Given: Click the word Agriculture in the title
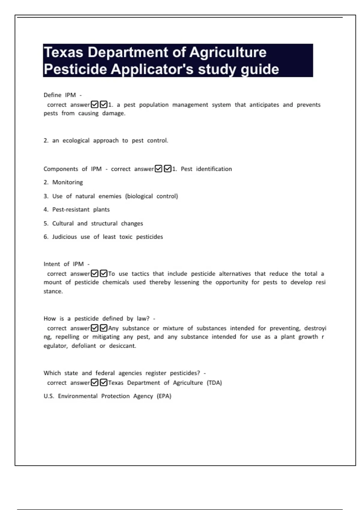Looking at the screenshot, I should point(228,52).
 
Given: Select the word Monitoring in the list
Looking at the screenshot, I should point(67,182).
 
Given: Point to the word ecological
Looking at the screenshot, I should point(76,141).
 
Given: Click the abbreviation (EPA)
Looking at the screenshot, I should point(164,396).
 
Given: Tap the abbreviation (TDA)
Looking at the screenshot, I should point(214,383).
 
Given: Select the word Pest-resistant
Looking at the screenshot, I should point(71,210).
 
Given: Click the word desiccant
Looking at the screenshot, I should point(122,346).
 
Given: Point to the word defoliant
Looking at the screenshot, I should point(84,346).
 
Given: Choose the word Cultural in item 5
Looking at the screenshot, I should point(63,223).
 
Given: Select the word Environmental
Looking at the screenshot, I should point(78,396).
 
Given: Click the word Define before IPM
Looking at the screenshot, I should point(52,95).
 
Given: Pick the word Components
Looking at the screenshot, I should point(61,169).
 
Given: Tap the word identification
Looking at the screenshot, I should point(214,169).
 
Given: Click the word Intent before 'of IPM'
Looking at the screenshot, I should point(52,264).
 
